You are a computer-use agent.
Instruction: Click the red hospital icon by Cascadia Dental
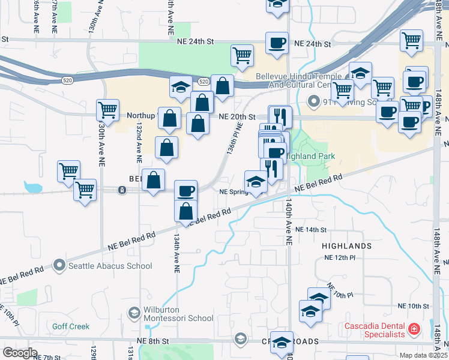point(413,329)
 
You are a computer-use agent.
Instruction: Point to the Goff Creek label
point(70,326)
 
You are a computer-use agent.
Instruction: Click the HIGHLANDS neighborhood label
point(347,246)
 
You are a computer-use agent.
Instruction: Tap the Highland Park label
point(312,156)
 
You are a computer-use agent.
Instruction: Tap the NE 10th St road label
point(414,305)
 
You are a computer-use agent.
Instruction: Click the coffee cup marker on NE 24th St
point(276,43)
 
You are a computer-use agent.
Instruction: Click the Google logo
point(19,353)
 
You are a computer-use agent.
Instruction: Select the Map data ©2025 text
point(424,355)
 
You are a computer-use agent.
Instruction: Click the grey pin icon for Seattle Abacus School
point(59,265)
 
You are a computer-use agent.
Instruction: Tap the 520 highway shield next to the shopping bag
point(204,82)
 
